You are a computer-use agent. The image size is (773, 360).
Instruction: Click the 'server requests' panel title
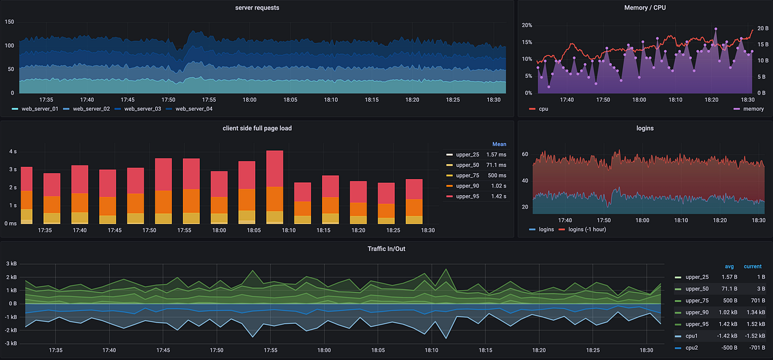click(x=258, y=7)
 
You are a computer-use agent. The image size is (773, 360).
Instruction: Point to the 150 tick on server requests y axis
click(x=9, y=22)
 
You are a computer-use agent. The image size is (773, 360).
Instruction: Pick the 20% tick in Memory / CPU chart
click(x=527, y=26)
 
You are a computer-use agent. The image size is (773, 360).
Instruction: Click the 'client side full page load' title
click(x=258, y=128)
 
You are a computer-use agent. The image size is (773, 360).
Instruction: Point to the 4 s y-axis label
click(x=13, y=152)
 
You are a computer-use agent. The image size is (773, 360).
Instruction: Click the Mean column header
click(x=500, y=144)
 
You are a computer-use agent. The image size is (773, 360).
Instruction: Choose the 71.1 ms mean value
click(x=496, y=165)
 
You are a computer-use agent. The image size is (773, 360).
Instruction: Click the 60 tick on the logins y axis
click(x=524, y=155)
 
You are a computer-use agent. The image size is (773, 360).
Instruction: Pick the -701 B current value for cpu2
click(x=752, y=347)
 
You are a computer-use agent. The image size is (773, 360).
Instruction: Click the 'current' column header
click(x=752, y=266)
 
